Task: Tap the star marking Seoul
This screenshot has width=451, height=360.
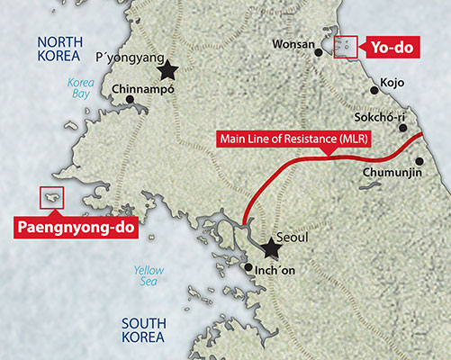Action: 270,246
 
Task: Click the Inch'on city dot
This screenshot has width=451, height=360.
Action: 248,267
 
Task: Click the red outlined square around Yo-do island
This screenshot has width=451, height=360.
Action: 346,47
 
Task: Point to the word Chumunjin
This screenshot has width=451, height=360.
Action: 392,172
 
